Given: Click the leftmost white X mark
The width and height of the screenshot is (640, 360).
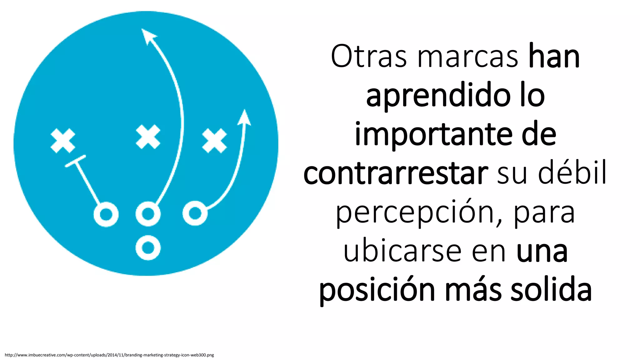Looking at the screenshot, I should [63, 141].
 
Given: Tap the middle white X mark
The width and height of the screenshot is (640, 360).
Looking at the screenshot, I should [148, 137].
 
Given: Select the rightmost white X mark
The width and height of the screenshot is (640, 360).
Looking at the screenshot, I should [214, 141].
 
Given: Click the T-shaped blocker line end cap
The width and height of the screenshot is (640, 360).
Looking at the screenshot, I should [75, 161].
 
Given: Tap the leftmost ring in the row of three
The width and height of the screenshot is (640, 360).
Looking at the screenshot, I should [106, 214].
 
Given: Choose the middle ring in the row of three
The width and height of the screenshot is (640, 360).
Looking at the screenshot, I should [148, 214].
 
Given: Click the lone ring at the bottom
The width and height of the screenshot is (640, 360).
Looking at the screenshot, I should [148, 247].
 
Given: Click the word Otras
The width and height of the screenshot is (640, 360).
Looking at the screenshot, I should [369, 57].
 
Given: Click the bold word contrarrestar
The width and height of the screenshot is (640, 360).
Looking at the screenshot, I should [396, 173].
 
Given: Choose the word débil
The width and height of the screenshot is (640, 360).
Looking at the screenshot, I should [572, 173].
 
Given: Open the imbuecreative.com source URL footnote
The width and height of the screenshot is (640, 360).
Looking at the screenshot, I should [109, 355].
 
